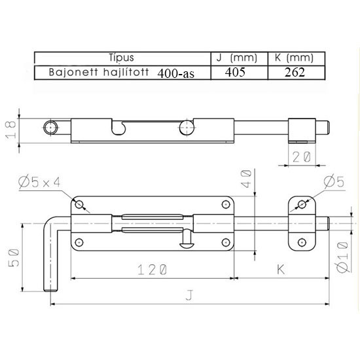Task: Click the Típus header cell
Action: (121, 58)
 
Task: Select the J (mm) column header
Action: (237, 58)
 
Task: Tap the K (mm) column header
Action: (294, 58)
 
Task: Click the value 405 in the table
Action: (235, 72)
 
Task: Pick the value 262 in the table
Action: (295, 72)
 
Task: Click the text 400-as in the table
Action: (176, 73)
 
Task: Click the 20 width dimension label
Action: (302, 157)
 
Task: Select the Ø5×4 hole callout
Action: (39, 183)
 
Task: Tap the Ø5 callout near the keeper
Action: (334, 182)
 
